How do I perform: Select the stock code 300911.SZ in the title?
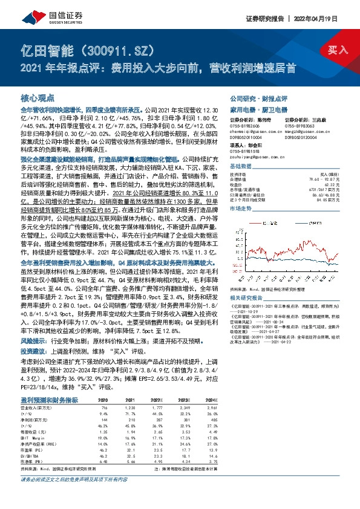click(113, 50)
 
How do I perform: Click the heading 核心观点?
click(38, 98)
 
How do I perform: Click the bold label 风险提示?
click(32, 341)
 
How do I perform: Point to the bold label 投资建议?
click(32, 351)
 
